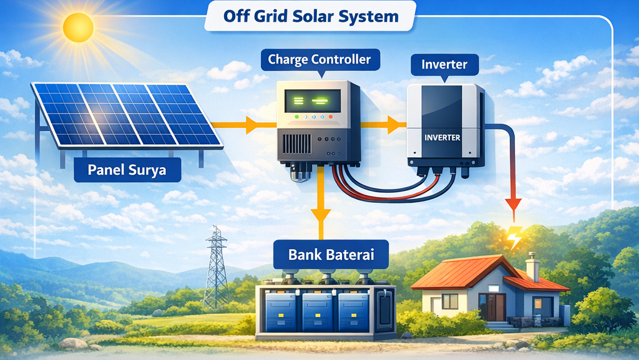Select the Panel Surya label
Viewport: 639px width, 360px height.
pos(127,170)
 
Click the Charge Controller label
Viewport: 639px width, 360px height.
pos(319,60)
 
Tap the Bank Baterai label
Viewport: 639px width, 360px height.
pos(330,255)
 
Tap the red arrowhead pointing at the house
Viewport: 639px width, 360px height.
pos(513,204)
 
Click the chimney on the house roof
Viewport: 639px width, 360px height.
pos(532,266)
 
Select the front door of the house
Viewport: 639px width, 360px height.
pos(496,307)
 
